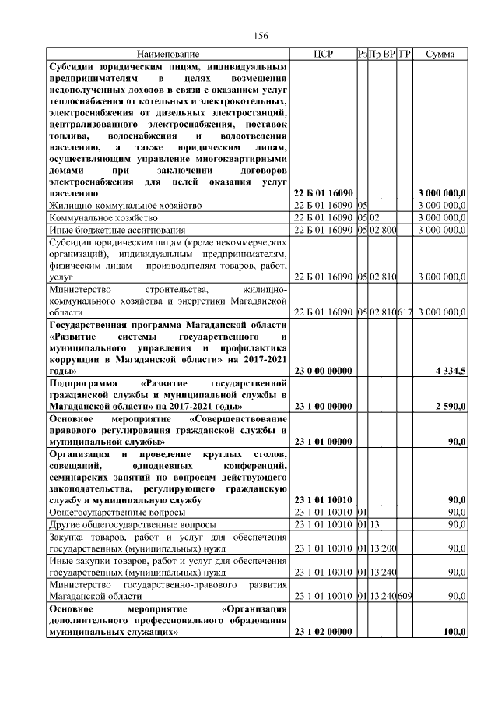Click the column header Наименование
point(168,55)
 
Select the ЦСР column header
point(322,55)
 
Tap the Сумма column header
point(440,55)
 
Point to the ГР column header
point(405,55)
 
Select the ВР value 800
point(390,231)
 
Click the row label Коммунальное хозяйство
point(103,218)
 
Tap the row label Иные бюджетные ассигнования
point(117,231)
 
